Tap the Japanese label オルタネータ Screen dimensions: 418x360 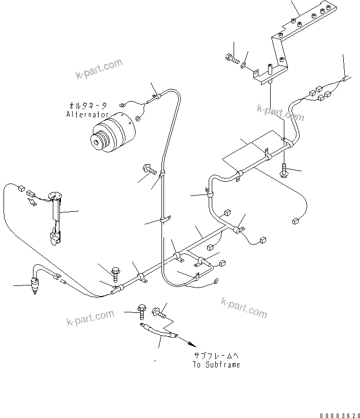88,106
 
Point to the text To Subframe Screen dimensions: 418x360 216,365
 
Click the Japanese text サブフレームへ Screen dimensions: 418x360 216,356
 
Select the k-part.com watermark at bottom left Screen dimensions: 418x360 90,318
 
